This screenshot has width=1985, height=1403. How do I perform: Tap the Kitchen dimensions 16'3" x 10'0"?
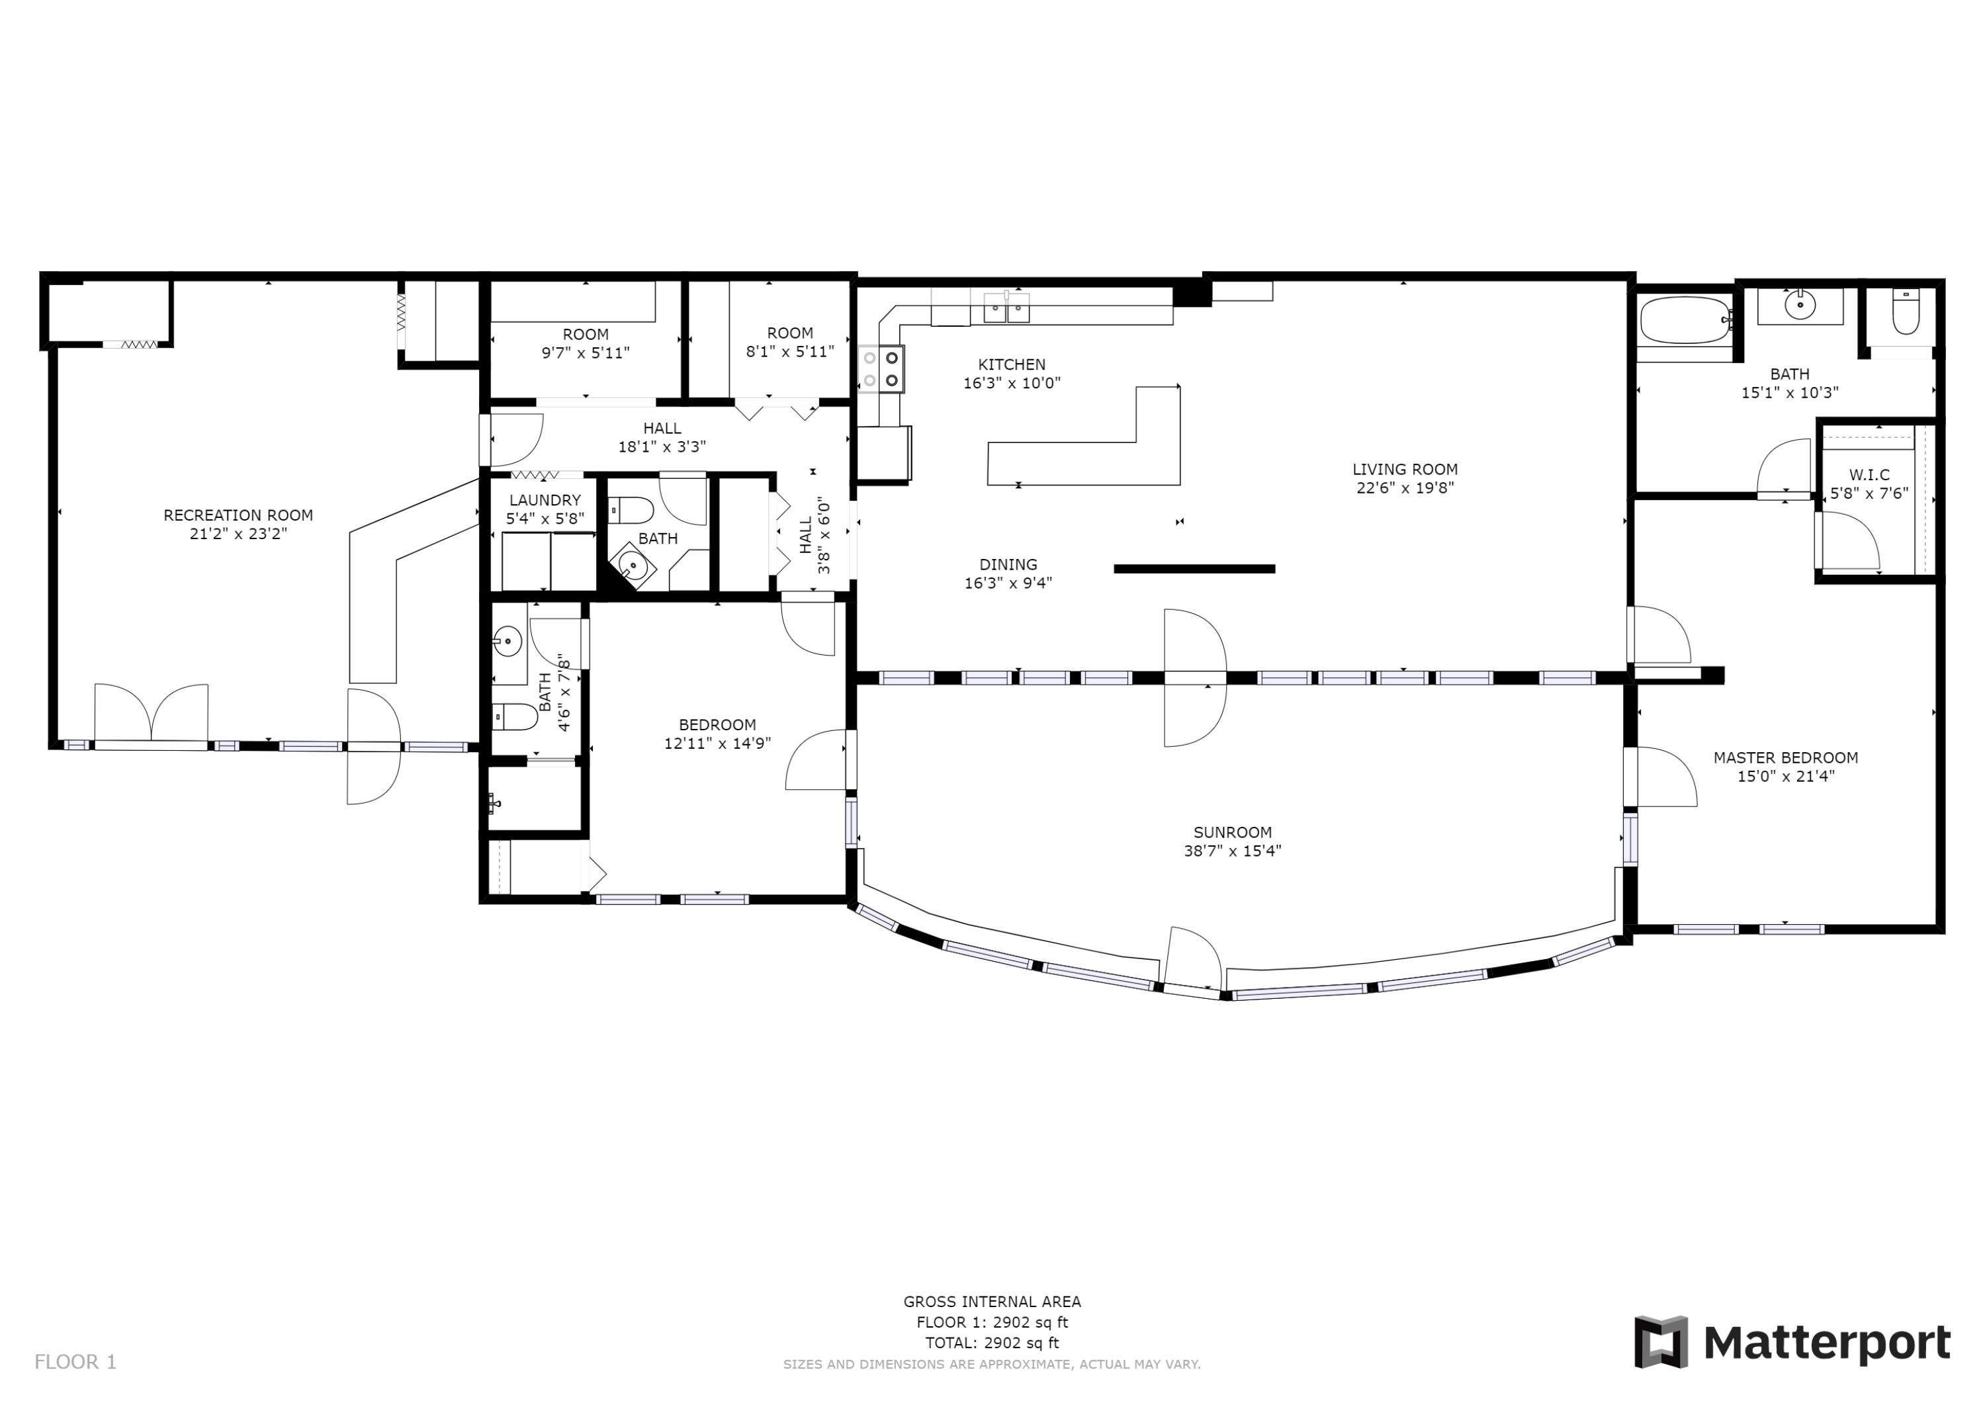[1012, 383]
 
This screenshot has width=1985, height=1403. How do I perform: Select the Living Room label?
[1405, 470]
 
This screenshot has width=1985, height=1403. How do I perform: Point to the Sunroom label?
[1232, 832]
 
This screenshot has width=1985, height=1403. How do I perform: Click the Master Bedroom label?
[1785, 757]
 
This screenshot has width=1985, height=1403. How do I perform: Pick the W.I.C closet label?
[1869, 474]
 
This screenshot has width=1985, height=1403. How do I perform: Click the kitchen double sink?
[1006, 308]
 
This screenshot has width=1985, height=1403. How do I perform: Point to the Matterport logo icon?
[1660, 1341]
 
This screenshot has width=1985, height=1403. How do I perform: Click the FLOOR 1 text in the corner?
[75, 1361]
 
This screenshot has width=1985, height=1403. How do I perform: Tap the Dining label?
[1008, 564]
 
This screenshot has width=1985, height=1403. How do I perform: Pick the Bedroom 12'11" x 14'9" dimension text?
[717, 743]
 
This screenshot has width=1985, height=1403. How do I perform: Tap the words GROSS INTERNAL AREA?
[992, 1301]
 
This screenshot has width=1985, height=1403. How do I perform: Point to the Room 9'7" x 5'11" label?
[586, 343]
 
